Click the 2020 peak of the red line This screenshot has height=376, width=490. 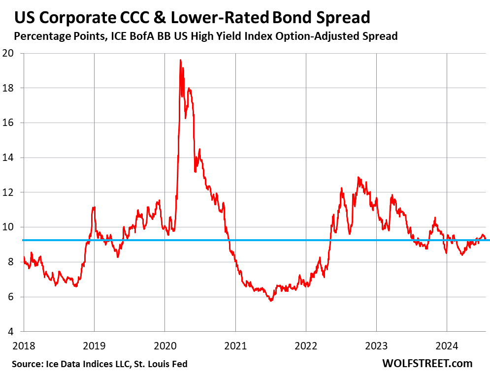(x=180, y=60)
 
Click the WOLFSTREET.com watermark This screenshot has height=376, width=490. (x=427, y=364)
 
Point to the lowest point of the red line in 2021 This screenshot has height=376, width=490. (x=271, y=300)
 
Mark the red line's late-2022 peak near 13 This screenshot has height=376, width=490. (x=358, y=178)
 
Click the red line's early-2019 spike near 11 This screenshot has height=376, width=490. (x=94, y=207)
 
